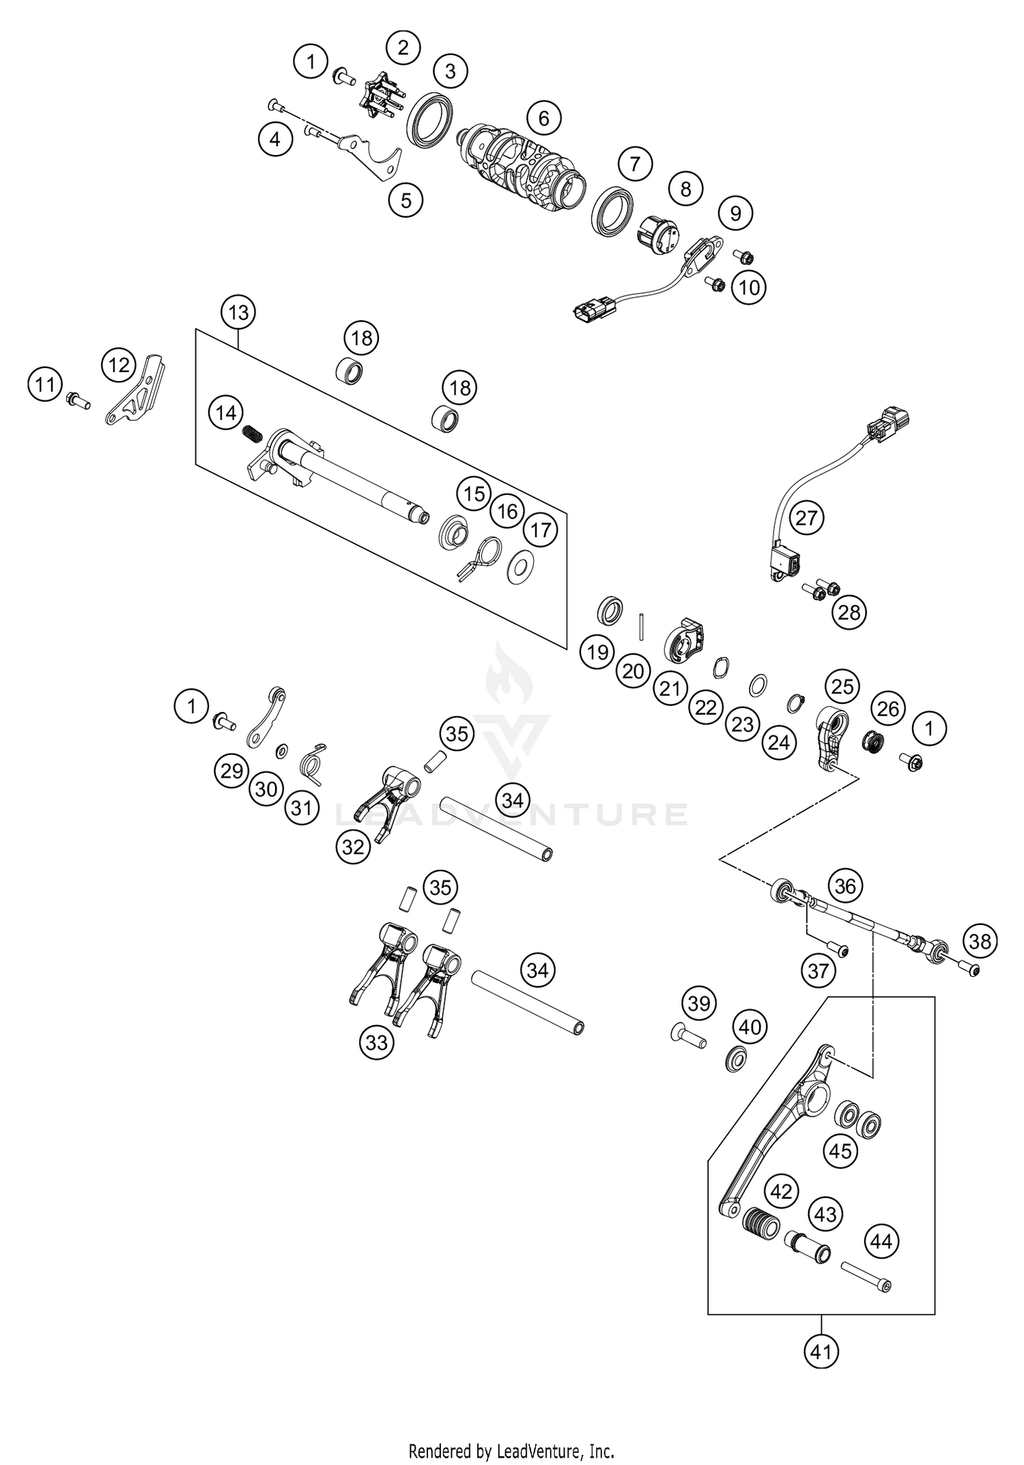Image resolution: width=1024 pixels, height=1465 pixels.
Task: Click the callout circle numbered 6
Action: (x=543, y=119)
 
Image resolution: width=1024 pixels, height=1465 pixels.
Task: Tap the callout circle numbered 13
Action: (x=238, y=313)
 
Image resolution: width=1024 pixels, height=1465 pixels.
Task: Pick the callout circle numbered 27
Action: (x=806, y=518)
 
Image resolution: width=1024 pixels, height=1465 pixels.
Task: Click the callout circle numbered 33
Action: (x=376, y=1042)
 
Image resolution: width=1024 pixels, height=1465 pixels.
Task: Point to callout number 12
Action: (x=119, y=365)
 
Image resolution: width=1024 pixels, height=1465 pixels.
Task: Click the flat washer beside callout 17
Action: (x=522, y=568)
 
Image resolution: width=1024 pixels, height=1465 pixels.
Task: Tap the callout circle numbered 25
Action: (x=842, y=686)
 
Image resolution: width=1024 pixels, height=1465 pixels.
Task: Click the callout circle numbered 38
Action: (x=980, y=942)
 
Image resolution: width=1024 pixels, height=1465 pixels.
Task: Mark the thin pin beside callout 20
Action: (x=642, y=626)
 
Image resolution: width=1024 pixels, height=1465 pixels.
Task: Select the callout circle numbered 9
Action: (x=735, y=214)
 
